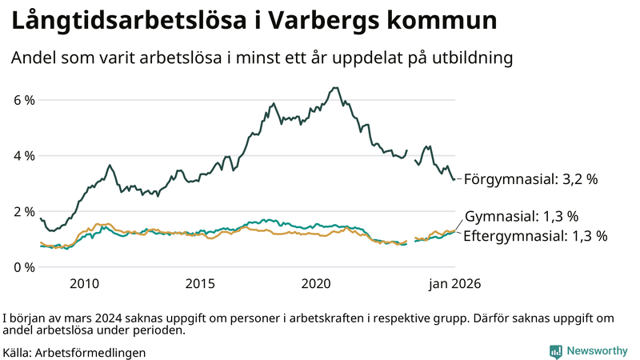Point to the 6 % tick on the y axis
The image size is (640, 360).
(x=24, y=100)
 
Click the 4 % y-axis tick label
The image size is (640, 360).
(x=24, y=155)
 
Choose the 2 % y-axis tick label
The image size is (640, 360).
(x=24, y=211)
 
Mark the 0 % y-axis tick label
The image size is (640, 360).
(x=24, y=266)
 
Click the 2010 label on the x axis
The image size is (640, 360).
(x=84, y=283)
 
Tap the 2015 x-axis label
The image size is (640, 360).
(x=200, y=283)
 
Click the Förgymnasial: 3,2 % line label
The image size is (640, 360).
(x=530, y=179)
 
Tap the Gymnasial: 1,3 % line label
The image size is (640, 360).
(x=521, y=217)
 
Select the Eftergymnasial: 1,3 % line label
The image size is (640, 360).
(x=535, y=236)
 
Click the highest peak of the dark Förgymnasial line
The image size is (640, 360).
(x=334, y=88)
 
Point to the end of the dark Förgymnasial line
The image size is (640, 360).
(x=455, y=178)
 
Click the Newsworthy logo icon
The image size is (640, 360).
(x=555, y=350)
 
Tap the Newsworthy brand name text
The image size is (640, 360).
(x=597, y=350)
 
